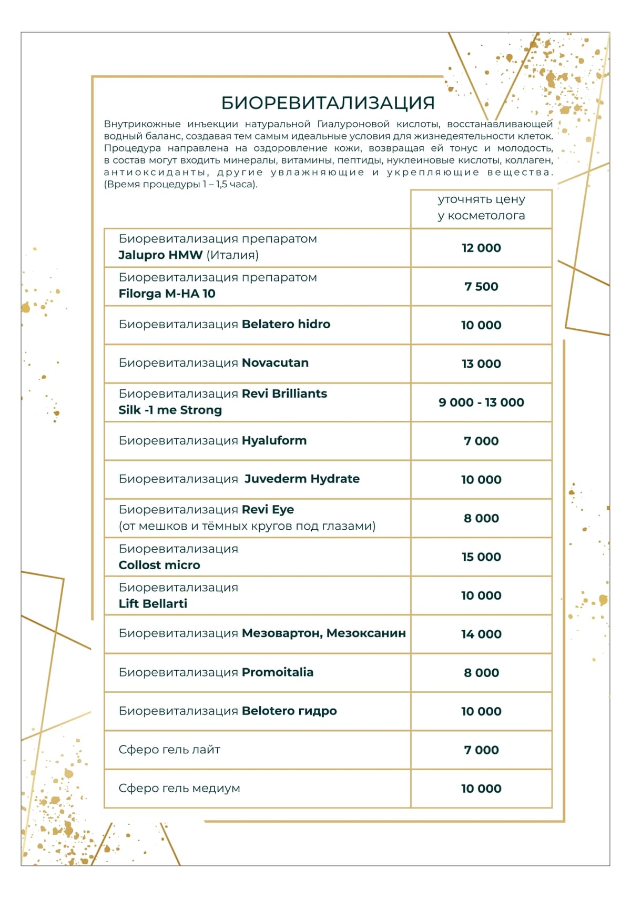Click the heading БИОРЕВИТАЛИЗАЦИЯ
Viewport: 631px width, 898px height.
(x=328, y=103)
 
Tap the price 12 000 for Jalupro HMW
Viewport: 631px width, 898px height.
(x=481, y=248)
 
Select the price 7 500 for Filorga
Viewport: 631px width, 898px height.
(x=481, y=287)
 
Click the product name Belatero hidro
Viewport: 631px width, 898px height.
(x=286, y=324)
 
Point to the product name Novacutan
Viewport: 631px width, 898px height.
(x=275, y=363)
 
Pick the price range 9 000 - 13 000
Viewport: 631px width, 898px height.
(x=481, y=402)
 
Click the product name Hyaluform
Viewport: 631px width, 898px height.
(x=274, y=440)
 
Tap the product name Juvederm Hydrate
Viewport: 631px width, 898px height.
(x=302, y=479)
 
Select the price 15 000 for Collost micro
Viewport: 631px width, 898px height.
(x=481, y=557)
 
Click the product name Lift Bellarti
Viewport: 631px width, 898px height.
(x=153, y=603)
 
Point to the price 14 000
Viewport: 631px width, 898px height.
(x=481, y=634)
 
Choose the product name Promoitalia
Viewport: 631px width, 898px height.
(x=277, y=672)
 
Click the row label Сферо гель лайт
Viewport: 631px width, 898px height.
(x=169, y=750)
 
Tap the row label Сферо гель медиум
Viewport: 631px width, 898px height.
(x=179, y=788)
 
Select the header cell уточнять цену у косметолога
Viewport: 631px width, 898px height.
(x=481, y=207)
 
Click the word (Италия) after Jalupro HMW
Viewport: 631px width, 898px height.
(x=232, y=255)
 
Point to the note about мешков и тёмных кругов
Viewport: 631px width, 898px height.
(x=247, y=526)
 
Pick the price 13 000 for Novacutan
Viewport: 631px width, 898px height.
(x=481, y=364)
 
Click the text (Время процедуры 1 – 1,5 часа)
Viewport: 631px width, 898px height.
(x=181, y=185)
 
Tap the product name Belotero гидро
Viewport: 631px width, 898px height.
(x=289, y=711)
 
